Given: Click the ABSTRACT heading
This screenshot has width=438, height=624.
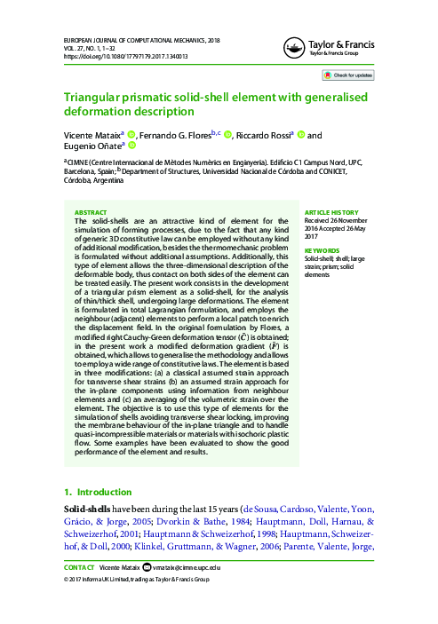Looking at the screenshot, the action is pyautogui.click(x=90, y=213).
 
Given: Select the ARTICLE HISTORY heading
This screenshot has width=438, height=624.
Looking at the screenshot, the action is pyautogui.click(x=331, y=213).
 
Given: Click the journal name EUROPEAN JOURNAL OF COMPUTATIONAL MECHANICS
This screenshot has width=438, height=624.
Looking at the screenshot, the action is pyautogui.click(x=140, y=41).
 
